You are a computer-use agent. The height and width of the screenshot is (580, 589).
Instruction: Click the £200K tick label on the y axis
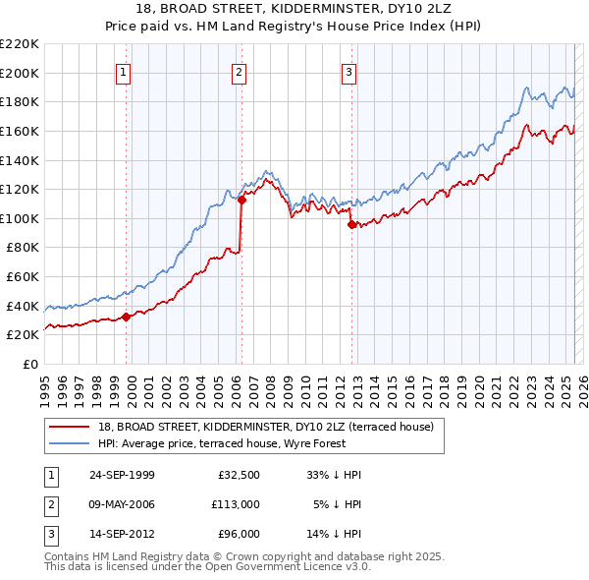(20, 73)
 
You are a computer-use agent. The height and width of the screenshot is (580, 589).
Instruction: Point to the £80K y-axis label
(23, 248)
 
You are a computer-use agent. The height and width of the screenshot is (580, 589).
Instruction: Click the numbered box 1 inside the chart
(125, 71)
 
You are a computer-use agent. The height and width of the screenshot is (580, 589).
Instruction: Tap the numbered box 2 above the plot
(239, 71)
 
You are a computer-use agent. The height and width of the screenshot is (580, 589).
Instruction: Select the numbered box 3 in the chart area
(348, 71)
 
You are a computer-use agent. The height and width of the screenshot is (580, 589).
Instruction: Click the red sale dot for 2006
(241, 200)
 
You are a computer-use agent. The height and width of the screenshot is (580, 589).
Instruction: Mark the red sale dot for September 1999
(126, 317)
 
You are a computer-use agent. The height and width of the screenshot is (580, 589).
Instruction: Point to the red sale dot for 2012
(350, 224)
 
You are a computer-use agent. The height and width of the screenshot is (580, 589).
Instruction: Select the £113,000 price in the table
(235, 504)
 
